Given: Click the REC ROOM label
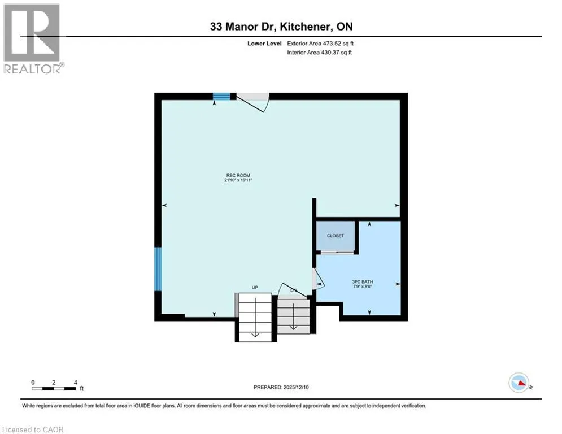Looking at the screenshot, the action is pos(238,175).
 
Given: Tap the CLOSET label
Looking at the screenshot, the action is pos(336,236).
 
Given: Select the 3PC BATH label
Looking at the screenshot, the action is pos(363,282).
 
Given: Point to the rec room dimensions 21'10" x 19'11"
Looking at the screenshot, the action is pos(238,180).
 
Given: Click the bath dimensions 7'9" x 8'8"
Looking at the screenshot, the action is pos(363,287).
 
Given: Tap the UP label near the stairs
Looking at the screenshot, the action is pos(255,287).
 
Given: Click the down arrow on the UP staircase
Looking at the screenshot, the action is pos(255,318).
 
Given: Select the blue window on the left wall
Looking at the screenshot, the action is pos(158,268).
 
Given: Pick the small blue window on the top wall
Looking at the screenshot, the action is pos(221,96).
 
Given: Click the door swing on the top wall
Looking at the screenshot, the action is pos(253,103).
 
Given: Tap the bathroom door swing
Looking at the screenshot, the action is pos(318,279).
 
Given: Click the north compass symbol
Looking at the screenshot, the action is pos(519,383).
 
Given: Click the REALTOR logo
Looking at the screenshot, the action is pos(32,39).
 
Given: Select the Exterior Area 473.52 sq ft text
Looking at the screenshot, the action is pos(320,44).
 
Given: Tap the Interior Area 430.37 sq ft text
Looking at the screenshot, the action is pos(319,53).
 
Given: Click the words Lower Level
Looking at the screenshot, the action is pos(264,44).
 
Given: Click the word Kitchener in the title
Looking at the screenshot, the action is pos(305,27).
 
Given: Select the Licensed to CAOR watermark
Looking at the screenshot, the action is pos(33,429).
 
